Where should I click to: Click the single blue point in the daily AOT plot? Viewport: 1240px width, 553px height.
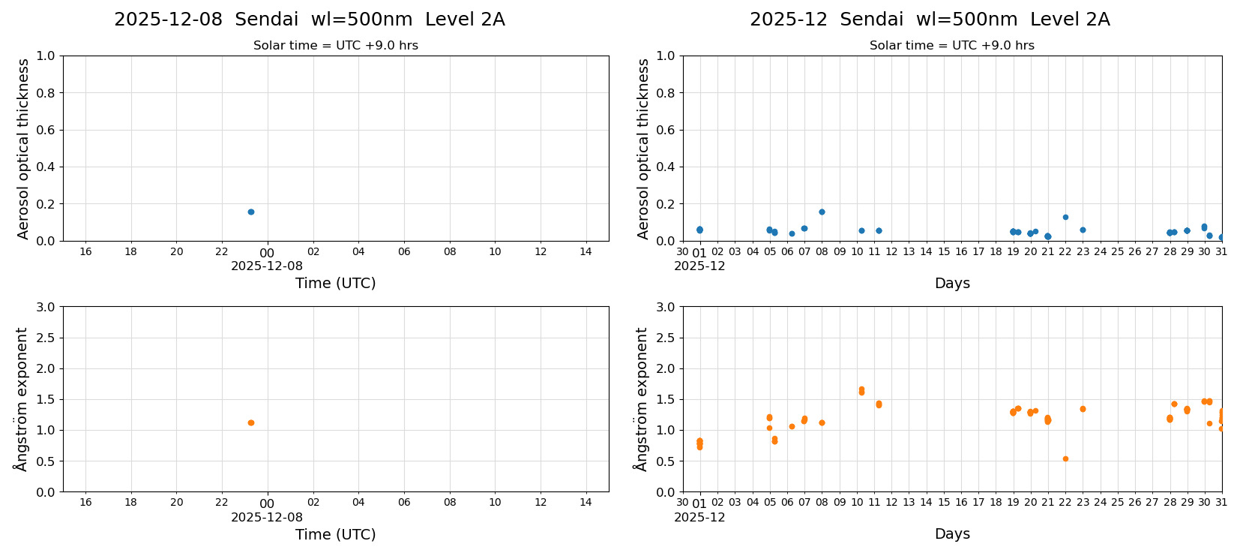[x=251, y=212]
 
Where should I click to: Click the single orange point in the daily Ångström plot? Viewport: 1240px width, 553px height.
[x=251, y=422]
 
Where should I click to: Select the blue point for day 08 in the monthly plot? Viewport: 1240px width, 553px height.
[x=822, y=212]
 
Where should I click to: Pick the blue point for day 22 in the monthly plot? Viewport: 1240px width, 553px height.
[x=1065, y=217]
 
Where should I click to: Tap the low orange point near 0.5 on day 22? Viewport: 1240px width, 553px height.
[x=1065, y=458]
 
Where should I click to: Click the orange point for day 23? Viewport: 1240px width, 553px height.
[x=1083, y=409]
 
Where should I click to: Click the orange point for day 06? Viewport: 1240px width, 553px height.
[x=792, y=426]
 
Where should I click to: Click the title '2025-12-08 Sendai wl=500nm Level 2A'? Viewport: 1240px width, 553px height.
[x=309, y=20]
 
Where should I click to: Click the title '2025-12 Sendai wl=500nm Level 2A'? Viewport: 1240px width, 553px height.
[x=930, y=20]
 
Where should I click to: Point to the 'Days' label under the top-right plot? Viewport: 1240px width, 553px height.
[x=952, y=283]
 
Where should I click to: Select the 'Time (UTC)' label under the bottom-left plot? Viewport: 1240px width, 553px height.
[x=335, y=534]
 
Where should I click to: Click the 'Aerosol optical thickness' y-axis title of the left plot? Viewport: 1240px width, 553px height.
[x=23, y=149]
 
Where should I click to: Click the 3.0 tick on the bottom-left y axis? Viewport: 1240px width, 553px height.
[x=46, y=307]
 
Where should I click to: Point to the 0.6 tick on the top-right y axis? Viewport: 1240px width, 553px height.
[x=666, y=130]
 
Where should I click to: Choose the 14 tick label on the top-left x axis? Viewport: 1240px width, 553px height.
[x=586, y=251]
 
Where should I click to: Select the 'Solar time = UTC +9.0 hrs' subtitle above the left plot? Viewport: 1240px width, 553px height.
[x=335, y=46]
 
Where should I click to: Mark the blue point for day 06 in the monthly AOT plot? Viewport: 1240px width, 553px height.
[x=792, y=233]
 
